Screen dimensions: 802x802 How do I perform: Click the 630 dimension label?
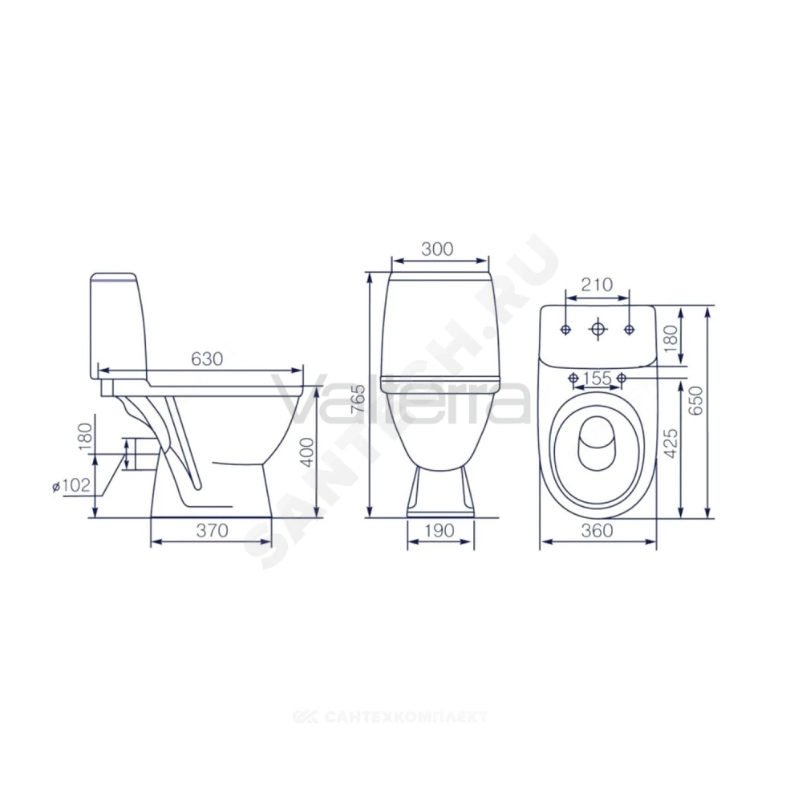point(207,359)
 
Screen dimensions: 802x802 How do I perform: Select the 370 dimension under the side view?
point(212,530)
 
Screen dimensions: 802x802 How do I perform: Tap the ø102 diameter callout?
point(71,485)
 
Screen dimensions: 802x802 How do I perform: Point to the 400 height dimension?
point(307,451)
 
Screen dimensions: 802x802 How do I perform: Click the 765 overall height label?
point(359,400)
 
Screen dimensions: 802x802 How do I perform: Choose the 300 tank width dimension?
point(437,249)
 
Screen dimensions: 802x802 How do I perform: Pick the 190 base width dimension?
point(439,530)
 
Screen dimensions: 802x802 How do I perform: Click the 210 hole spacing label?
point(597,285)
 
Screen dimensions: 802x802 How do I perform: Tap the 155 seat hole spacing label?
point(597,378)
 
